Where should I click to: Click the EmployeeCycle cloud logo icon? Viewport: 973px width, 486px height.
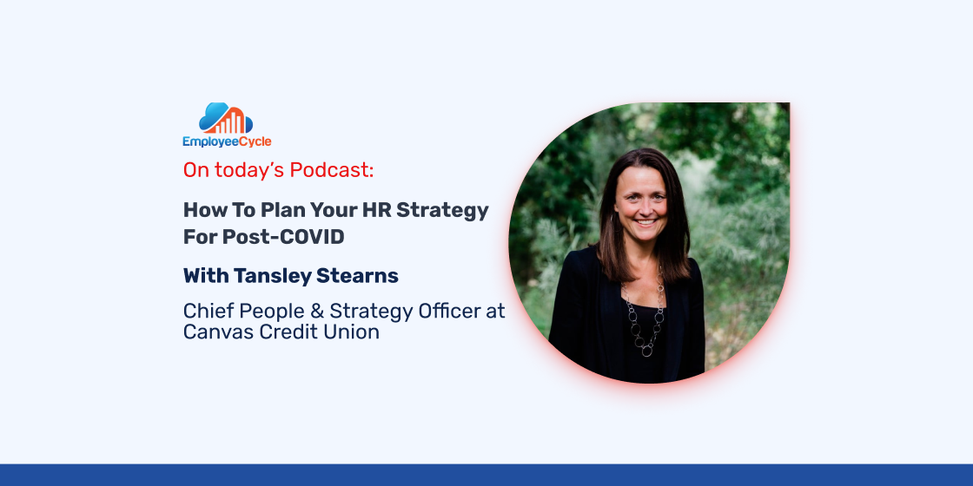pyautogui.click(x=226, y=118)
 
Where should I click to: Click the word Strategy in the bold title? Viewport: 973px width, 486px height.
pyautogui.click(x=442, y=212)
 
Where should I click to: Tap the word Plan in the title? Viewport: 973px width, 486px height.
pyautogui.click(x=276, y=210)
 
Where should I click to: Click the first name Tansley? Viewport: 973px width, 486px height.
pyautogui.click(x=272, y=276)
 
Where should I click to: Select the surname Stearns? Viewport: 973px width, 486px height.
pyautogui.click(x=357, y=276)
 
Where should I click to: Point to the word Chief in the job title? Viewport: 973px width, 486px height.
pyautogui.click(x=205, y=312)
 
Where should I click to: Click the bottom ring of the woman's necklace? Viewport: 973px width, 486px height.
pyautogui.click(x=646, y=351)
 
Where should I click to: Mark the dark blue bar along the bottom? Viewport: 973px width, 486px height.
pyautogui.click(x=486, y=475)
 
